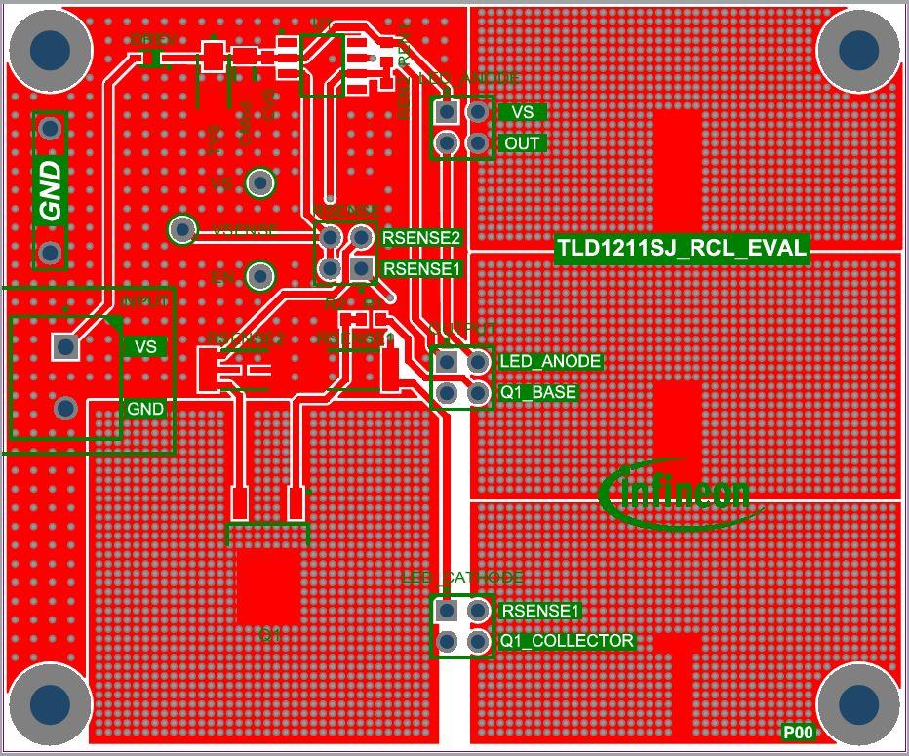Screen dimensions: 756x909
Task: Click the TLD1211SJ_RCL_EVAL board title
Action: (x=682, y=249)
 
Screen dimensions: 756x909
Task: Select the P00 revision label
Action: (x=798, y=732)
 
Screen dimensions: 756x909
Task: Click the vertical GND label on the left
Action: (x=50, y=189)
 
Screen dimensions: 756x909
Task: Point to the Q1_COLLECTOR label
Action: (x=567, y=641)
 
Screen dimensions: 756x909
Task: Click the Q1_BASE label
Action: (x=538, y=392)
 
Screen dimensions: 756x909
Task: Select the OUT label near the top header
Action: (x=523, y=143)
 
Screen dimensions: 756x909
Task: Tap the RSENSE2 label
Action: (x=421, y=237)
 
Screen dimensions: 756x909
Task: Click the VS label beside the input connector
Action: (x=145, y=346)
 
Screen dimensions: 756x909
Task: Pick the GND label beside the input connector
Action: (x=145, y=409)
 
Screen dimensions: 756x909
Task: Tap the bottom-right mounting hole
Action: (x=857, y=703)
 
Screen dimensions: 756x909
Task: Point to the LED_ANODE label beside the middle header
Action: (x=550, y=361)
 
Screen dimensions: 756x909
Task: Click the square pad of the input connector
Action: (x=65, y=346)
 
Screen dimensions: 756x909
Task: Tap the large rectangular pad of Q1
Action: (x=268, y=585)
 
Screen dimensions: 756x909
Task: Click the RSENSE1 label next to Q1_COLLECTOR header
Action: (x=540, y=611)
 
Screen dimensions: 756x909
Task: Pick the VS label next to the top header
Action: (x=523, y=112)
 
